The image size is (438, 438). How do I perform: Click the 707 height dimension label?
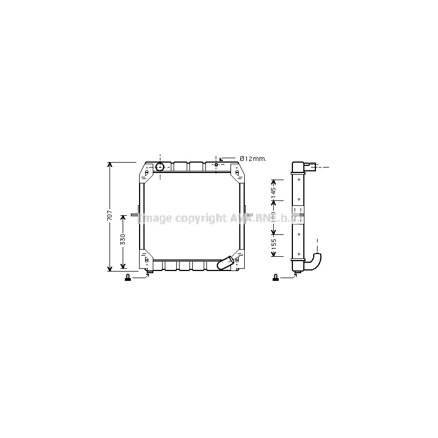109,216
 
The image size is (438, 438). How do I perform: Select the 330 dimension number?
123,239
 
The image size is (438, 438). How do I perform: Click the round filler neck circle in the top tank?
160,166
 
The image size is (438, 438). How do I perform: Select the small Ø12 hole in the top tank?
216,165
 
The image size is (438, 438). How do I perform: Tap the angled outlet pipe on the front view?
227,263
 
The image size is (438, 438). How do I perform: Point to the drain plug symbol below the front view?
128,277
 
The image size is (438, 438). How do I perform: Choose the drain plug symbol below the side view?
274,278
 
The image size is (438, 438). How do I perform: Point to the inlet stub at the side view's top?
310,165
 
